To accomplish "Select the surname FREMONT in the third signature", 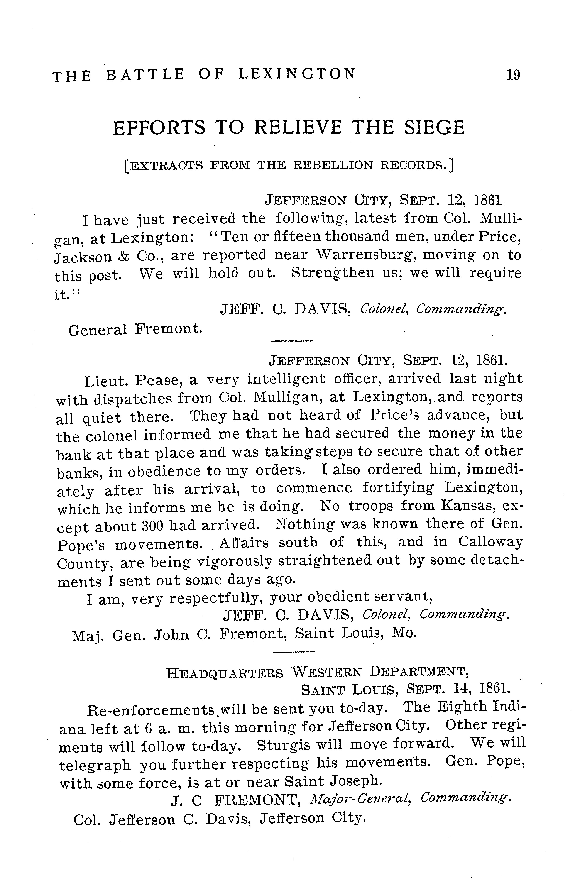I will pos(259,800).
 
